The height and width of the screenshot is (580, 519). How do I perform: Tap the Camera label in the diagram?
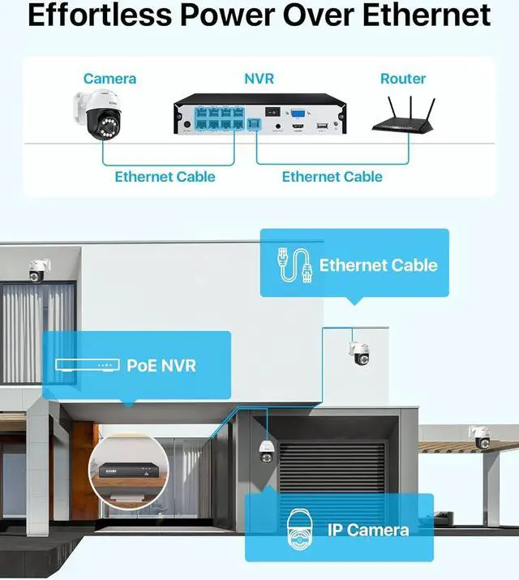coord(109,79)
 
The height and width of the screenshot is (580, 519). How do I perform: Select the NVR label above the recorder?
coord(259,79)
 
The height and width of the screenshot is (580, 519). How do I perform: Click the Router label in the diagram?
coord(403,79)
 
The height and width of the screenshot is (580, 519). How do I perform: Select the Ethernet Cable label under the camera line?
coord(165,176)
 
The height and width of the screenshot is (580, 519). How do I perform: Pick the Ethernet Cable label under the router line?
coord(332,176)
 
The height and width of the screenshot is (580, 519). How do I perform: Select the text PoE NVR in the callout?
coord(161,365)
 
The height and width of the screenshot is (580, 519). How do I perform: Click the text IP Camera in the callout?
coord(367,530)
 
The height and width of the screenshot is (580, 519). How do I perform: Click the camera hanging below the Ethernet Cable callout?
coord(358,352)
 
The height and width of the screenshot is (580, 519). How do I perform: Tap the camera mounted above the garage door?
coord(266,451)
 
